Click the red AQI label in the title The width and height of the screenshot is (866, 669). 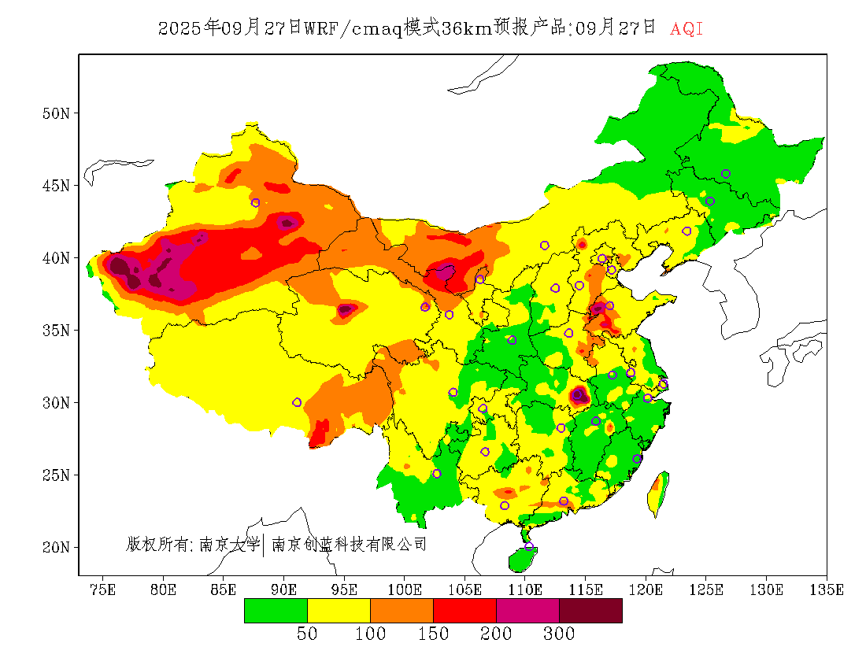point(687,29)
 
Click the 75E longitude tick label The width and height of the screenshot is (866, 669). point(103,590)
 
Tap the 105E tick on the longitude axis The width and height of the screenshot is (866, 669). point(464,590)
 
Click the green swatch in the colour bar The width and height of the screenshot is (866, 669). point(276,611)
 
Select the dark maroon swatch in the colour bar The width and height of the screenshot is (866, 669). point(590,611)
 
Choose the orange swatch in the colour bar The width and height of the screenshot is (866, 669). point(402,611)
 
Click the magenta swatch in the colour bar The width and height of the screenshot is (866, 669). point(527,611)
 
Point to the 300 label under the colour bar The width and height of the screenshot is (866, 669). point(559,634)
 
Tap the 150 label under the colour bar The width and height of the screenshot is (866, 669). point(433,634)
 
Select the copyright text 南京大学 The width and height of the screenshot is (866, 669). point(229,544)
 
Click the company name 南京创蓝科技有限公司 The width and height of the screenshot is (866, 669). point(349,544)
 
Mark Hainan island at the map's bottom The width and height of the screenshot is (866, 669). point(521,559)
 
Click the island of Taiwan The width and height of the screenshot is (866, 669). point(657,493)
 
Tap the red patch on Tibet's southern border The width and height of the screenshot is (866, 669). point(320,434)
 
